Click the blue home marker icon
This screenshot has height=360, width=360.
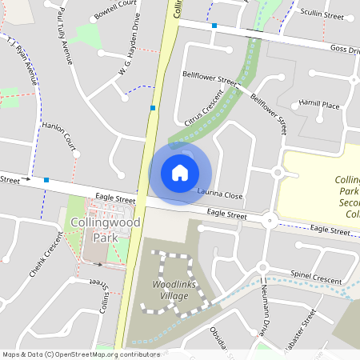(x=180, y=172)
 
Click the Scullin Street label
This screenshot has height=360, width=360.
(x=322, y=15)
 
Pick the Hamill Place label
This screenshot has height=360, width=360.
(x=319, y=105)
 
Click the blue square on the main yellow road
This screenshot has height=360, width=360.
(x=153, y=107)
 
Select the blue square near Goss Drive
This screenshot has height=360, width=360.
(x=214, y=26)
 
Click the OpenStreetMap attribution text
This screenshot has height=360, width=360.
(x=80, y=354)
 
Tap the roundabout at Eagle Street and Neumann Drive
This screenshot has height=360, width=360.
(x=270, y=220)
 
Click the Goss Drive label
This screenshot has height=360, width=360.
(x=344, y=50)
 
